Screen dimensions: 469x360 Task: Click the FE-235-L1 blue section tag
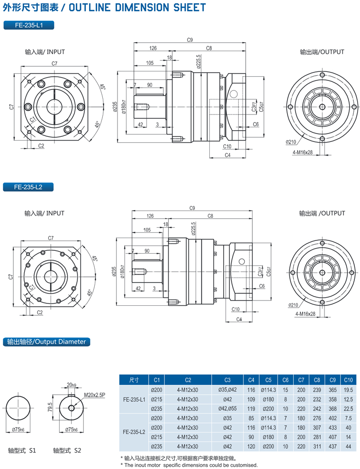28,26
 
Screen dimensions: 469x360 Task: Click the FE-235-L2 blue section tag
28,187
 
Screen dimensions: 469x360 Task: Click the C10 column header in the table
348,380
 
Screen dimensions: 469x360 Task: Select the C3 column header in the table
227,380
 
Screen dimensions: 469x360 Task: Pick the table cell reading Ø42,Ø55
227,408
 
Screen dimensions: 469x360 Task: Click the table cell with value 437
332,446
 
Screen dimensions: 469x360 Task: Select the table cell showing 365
332,389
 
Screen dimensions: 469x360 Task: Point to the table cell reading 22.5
348,408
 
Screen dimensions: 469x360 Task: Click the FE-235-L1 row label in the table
135,399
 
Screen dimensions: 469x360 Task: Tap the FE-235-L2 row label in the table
135,432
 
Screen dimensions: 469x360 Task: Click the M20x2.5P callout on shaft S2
94,394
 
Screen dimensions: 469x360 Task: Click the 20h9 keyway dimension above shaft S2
72,384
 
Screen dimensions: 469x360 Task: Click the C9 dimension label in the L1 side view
190,40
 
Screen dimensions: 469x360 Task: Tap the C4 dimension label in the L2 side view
239,320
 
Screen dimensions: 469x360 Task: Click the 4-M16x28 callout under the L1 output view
303,152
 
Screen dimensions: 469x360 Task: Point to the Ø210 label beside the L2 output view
294,305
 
